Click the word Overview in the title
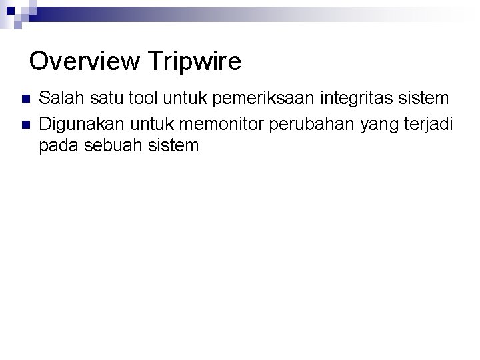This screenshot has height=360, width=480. click(85, 62)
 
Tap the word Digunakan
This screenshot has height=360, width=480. click(81, 123)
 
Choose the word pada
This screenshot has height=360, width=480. click(58, 145)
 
